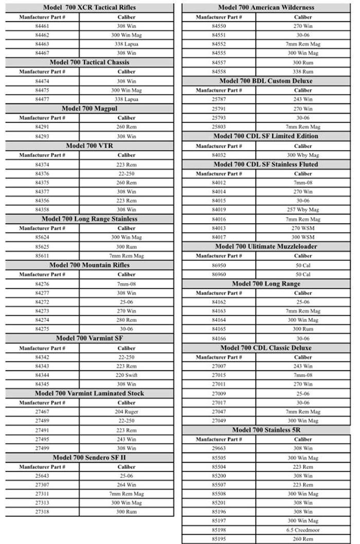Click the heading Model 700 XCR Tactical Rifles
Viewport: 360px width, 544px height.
click(89, 7)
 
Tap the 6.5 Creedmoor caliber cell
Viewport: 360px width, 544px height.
click(303, 529)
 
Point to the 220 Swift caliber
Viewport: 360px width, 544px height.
click(127, 375)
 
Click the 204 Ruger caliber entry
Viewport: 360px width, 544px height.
click(127, 412)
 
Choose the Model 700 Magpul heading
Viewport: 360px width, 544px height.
click(89, 108)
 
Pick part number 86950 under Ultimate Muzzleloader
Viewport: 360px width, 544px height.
click(219, 265)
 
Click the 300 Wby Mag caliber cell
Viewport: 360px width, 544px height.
click(303, 155)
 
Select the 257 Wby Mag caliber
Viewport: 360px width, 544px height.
click(303, 210)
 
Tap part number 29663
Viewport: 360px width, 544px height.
click(219, 448)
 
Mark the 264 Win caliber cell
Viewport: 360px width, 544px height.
click(127, 485)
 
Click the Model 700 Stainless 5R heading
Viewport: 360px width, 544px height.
click(266, 430)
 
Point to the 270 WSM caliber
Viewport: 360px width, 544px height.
click(303, 228)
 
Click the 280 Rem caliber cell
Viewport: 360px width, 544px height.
click(127, 320)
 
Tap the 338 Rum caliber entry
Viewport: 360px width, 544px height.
click(303, 71)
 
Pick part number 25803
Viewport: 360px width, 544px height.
click(219, 126)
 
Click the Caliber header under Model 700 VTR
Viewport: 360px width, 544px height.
click(127, 155)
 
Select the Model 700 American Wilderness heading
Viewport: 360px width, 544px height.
click(266, 7)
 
